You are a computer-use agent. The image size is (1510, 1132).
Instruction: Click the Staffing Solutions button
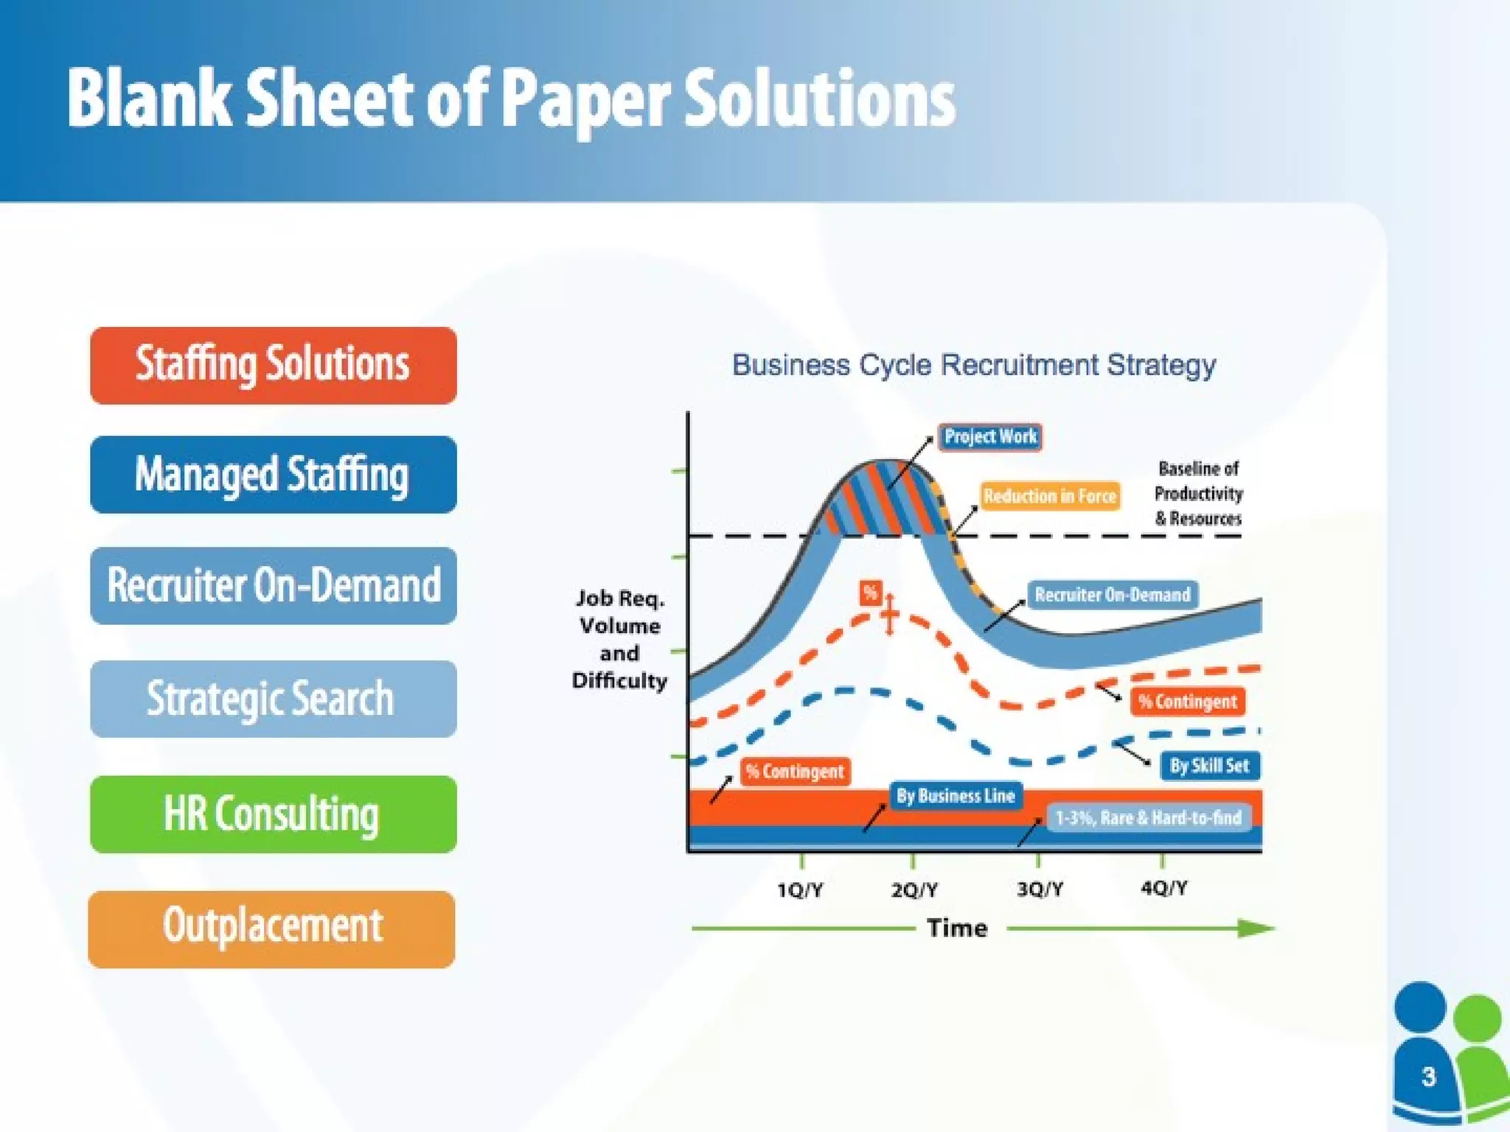pos(273,366)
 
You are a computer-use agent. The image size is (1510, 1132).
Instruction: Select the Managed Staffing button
pos(273,475)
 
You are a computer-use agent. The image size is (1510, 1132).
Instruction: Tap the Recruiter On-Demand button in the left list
pos(273,586)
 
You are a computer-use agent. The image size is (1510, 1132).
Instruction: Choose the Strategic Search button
pos(273,699)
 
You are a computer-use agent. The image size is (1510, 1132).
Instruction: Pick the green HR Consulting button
pos(273,814)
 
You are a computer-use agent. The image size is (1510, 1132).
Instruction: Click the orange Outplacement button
pos(271,929)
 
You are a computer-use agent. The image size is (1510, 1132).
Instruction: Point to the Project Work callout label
pos(989,437)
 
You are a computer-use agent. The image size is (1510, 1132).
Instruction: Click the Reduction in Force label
pos(1049,496)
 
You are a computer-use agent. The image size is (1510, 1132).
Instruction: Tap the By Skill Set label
pos(1209,766)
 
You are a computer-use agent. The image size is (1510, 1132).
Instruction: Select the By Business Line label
pos(956,796)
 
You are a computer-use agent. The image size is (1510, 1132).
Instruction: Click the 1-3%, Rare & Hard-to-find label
pos(1148,818)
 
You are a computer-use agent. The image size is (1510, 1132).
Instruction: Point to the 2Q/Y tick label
pos(914,890)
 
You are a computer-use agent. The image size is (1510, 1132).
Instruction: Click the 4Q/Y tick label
pos(1163,888)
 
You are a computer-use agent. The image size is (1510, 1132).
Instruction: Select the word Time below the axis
pos(956,928)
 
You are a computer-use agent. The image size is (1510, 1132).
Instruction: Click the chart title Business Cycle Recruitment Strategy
pos(973,366)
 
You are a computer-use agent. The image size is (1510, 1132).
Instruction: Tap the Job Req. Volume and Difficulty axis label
pos(619,639)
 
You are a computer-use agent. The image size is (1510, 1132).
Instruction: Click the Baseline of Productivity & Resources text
pos(1198,494)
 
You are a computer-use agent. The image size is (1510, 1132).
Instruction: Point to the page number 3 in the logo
pos(1428,1077)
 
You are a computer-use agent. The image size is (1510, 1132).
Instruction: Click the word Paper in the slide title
pos(586,99)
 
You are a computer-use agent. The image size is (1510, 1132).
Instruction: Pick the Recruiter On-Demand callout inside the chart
pos(1112,595)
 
